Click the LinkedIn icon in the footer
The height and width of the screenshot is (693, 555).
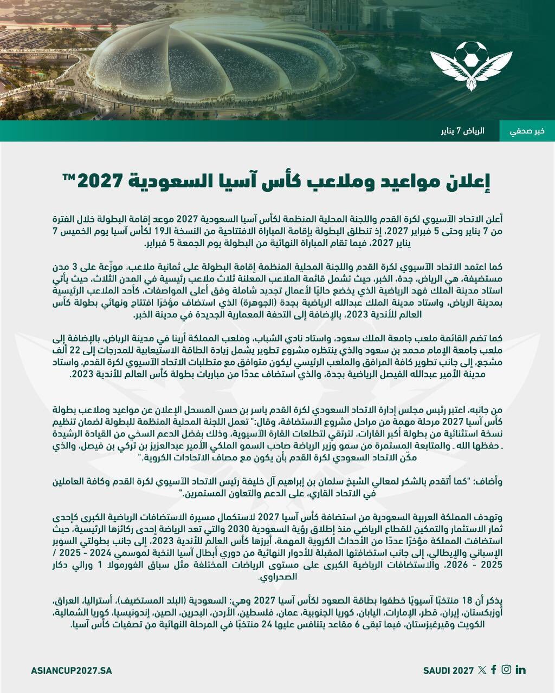point(521,670)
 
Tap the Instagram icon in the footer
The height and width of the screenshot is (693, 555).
point(506,670)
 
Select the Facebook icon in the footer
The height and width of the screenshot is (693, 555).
point(494,670)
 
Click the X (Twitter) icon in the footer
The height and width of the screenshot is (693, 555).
point(482,670)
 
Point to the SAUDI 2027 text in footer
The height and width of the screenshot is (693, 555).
point(449,670)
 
